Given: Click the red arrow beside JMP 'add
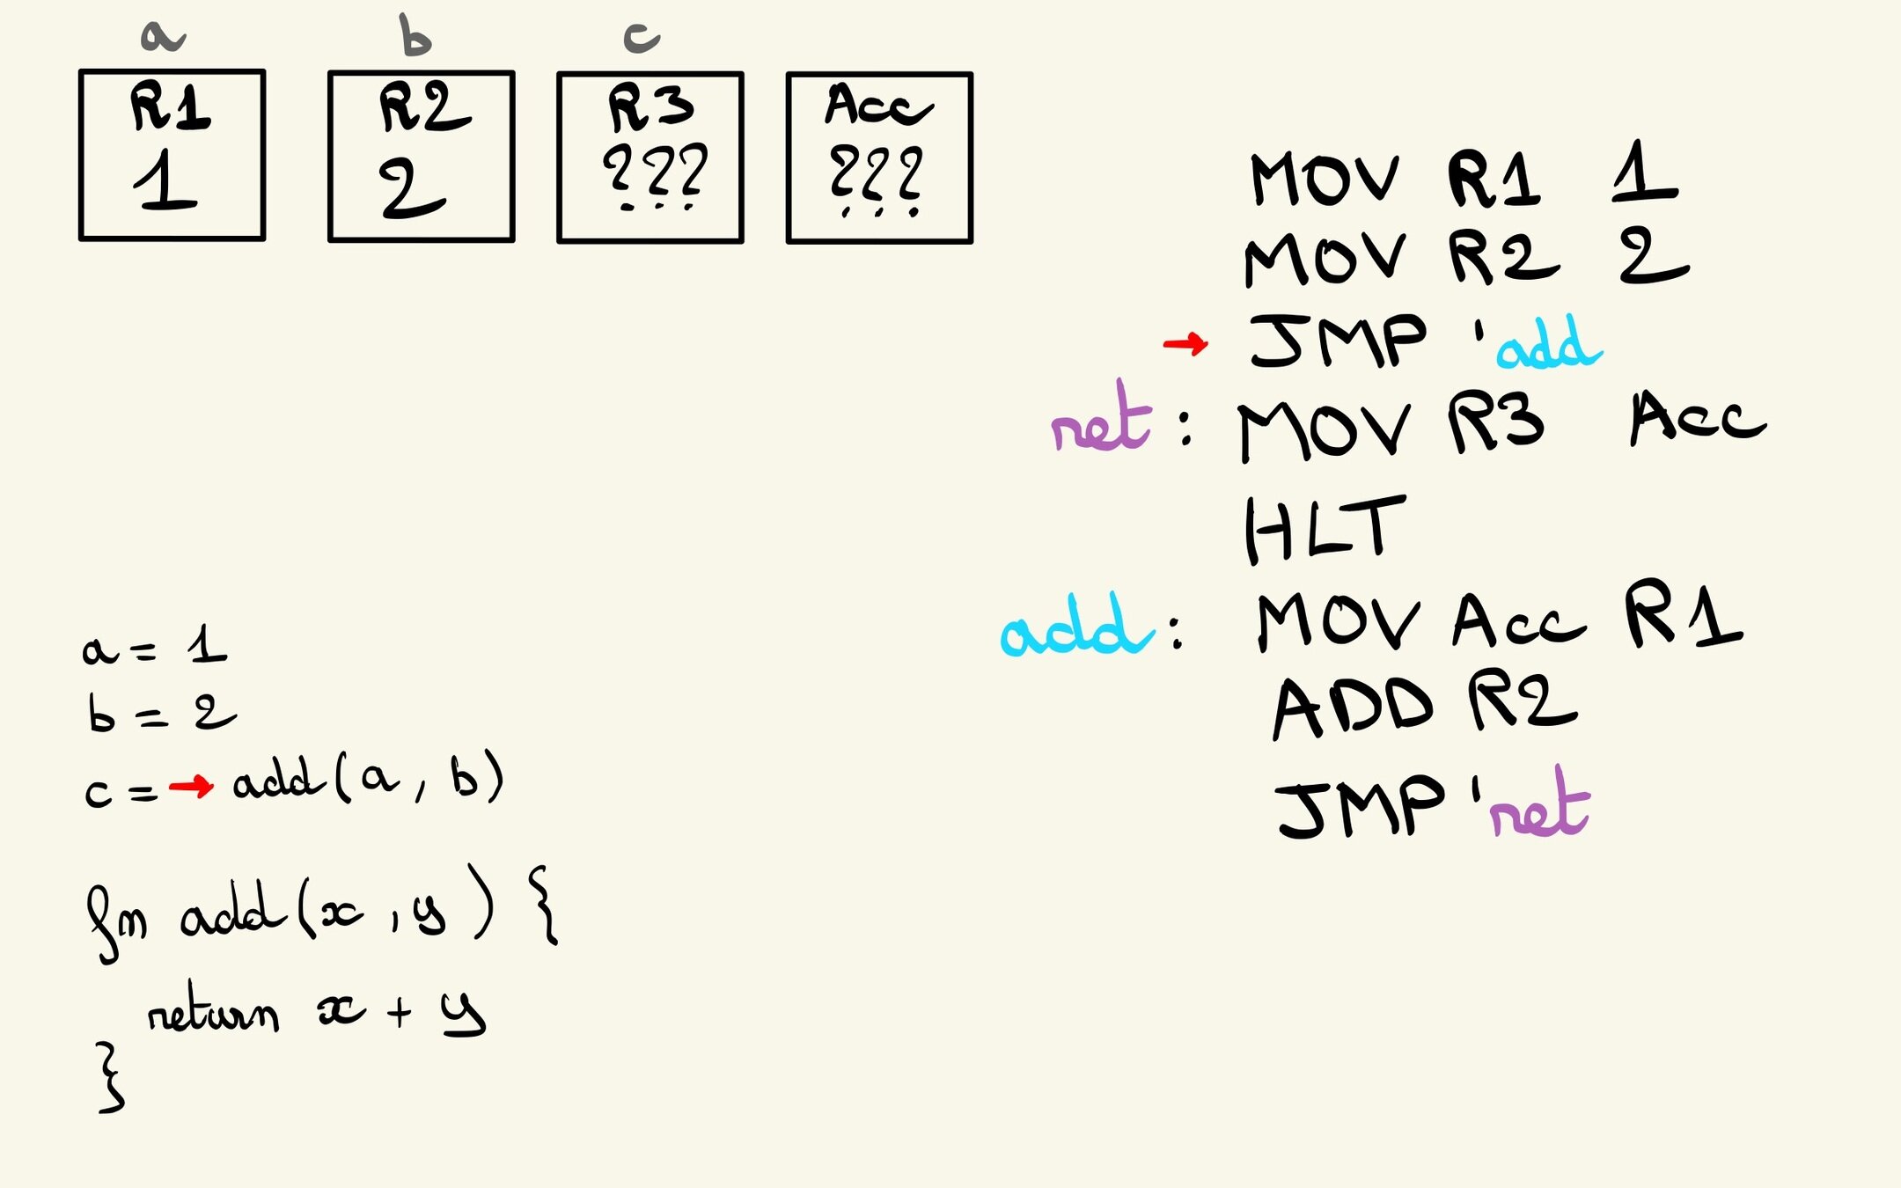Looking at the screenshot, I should [x=1185, y=343].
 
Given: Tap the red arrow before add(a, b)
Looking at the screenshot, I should [x=191, y=785].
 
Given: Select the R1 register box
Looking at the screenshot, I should [x=172, y=155].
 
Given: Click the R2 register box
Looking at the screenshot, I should [x=421, y=157].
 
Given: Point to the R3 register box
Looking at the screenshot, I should [x=650, y=158].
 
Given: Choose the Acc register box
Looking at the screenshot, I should [x=879, y=158].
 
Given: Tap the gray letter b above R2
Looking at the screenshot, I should [x=415, y=36].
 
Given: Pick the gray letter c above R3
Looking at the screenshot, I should [x=642, y=37].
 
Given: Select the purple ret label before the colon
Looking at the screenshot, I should [x=1101, y=420].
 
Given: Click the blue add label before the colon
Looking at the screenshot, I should [x=1076, y=627].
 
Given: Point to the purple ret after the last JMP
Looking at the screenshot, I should [x=1540, y=805].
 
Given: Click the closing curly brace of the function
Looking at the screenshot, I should [x=110, y=1078].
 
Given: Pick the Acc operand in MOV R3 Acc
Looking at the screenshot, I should [x=1697, y=418].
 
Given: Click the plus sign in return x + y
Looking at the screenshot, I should [x=400, y=1012].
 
